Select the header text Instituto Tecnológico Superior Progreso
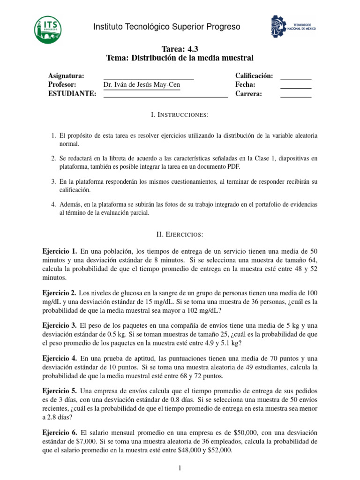[x=166, y=27]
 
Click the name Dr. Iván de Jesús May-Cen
[x=142, y=85]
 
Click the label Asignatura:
[x=66, y=76]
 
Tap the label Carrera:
[x=249, y=94]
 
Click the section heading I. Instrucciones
[x=180, y=115]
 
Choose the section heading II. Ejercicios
[x=180, y=233]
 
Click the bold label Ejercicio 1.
[x=60, y=252]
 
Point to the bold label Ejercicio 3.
[x=60, y=325]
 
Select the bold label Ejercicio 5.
[x=60, y=390]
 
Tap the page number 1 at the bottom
[x=180, y=468]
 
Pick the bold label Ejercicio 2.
[x=60, y=292]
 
